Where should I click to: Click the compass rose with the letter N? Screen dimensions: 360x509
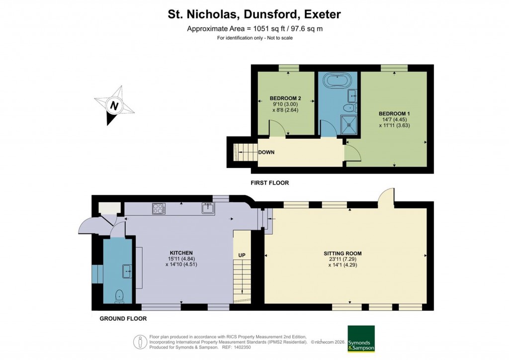point(114,105)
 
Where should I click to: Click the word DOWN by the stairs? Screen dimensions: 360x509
point(266,152)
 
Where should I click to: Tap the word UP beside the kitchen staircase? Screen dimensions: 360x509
point(242,256)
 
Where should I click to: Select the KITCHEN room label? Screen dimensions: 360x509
point(180,253)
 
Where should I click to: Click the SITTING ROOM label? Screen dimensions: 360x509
point(344,253)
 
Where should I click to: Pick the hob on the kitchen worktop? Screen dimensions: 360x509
point(158,209)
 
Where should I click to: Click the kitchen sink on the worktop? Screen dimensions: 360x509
point(208,208)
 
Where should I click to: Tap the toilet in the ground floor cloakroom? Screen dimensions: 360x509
point(119,296)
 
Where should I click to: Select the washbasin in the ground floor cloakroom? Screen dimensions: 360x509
point(126,271)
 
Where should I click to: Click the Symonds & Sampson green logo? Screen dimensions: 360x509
point(360,339)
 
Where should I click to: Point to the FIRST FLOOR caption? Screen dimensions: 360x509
point(270,183)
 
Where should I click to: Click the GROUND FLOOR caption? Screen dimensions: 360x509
point(123,319)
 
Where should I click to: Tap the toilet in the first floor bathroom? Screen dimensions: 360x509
point(350,107)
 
